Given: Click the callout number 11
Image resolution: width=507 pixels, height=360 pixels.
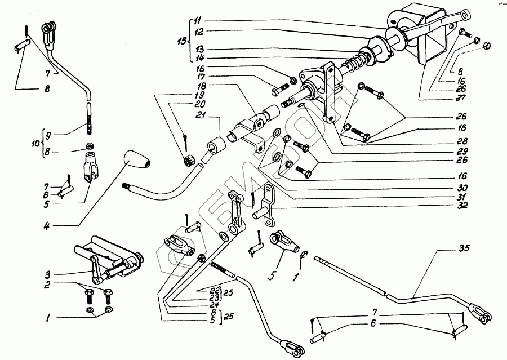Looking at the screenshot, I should (x=197, y=21).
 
